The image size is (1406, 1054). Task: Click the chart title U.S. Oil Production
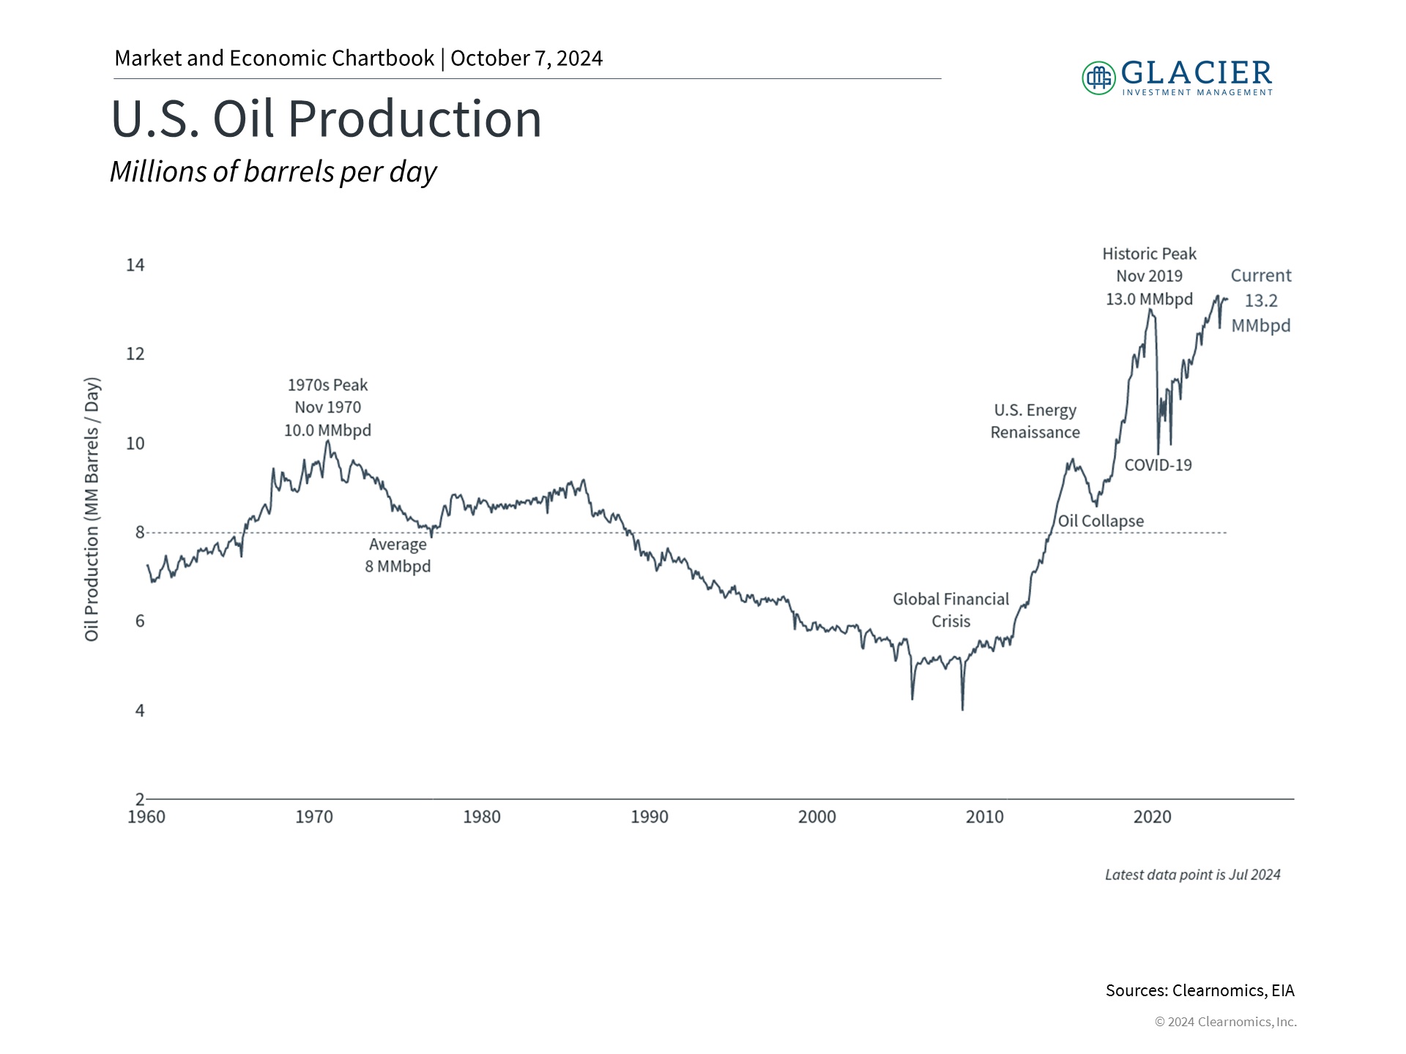326,119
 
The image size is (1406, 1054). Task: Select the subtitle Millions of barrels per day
273,172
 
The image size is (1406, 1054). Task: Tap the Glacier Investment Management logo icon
1098,78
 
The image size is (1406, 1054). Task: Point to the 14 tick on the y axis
135,265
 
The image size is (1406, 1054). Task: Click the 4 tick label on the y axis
140,711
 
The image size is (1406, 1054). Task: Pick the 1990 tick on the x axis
650,817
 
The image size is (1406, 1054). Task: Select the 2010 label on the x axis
985,817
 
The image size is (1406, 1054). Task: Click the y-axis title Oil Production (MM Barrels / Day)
92,509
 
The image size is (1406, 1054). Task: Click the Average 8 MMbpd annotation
398,556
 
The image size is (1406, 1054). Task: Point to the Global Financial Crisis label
951,610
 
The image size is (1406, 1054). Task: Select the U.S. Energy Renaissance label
1035,422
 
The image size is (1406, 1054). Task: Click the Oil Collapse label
1101,521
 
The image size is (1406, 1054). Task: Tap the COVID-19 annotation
1158,466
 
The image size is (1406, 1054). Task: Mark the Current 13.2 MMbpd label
1261,301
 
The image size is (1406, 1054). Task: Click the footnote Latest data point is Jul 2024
1193,875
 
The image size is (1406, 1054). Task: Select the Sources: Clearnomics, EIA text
1200,990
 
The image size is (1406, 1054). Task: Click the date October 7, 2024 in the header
527,59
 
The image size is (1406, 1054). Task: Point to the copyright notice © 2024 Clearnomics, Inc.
1226,1022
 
